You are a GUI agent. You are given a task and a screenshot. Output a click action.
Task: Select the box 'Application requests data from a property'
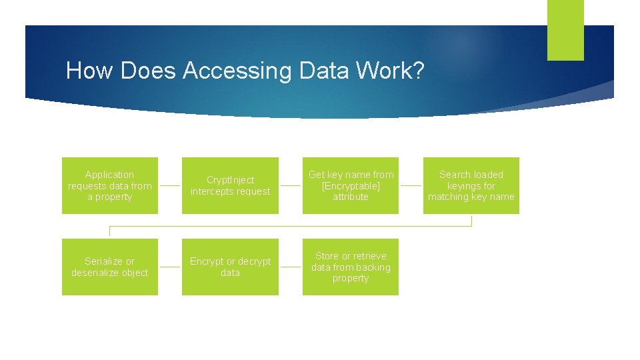tap(110, 185)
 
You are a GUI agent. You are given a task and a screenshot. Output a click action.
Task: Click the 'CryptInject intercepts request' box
tap(230, 185)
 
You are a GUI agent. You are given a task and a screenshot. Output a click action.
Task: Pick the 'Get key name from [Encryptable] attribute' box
tap(351, 185)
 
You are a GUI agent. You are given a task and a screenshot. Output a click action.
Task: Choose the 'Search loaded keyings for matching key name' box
tap(471, 185)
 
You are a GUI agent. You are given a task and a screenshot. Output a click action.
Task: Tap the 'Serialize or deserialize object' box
tap(110, 267)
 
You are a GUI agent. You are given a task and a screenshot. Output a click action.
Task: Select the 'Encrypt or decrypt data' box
tap(230, 267)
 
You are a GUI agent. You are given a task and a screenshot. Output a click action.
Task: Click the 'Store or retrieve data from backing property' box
tap(351, 267)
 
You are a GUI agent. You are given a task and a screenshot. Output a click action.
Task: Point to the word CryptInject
tap(230, 180)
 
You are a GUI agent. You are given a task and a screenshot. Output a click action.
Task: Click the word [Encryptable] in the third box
tap(351, 186)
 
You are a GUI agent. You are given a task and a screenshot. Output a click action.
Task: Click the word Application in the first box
tap(110, 175)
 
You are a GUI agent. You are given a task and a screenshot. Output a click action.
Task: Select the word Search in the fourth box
tap(456, 175)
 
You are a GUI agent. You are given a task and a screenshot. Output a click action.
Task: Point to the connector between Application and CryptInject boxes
tap(170, 186)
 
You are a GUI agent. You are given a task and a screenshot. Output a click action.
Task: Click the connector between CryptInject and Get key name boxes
tap(290, 186)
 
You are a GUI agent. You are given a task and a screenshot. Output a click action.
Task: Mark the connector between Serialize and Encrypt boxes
tap(170, 267)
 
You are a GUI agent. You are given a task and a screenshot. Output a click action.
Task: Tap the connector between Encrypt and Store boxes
tap(290, 267)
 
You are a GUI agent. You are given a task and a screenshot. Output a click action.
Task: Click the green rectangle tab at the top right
tap(565, 30)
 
